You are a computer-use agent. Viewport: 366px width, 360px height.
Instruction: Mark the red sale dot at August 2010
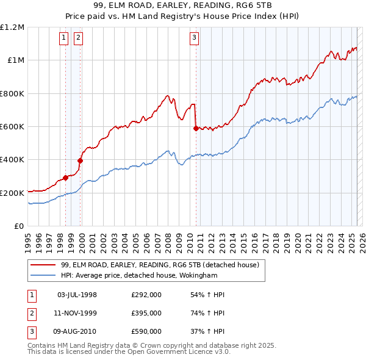click(196, 128)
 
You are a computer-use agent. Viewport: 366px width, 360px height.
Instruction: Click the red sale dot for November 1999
click(80, 160)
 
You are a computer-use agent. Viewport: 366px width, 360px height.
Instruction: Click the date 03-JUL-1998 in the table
click(77, 295)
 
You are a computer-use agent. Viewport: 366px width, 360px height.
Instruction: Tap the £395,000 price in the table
click(146, 313)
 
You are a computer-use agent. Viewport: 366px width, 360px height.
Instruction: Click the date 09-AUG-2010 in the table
click(77, 331)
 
